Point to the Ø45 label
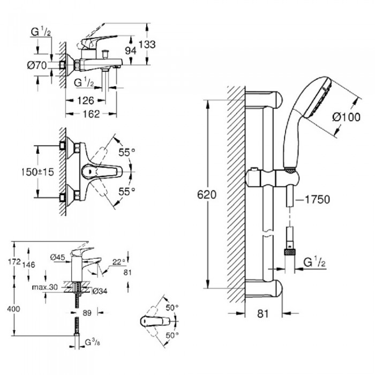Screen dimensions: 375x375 coord(58,257)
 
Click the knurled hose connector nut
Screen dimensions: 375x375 coord(291,250)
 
